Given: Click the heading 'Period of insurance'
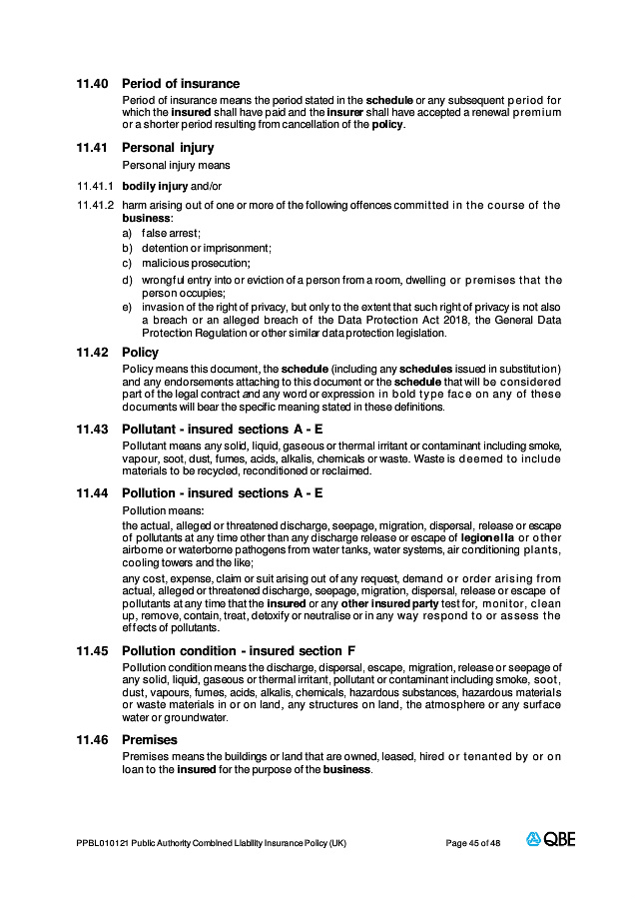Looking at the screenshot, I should coord(181,83).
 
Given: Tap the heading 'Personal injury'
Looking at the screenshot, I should coord(168,148).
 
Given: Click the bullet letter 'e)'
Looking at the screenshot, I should coord(127,308).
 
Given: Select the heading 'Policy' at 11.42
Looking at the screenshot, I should coord(140,353).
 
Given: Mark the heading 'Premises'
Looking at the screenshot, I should coord(150,739).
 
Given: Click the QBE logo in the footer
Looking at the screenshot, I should coord(551,840).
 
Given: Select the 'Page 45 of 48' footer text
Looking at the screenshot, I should coord(473,843).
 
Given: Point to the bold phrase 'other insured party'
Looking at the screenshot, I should coord(383,604).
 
